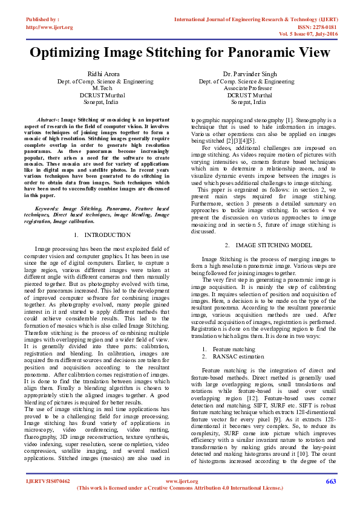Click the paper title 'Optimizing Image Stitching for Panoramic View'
tap(180, 53)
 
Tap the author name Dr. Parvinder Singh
tap(246, 74)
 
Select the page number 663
tap(330, 481)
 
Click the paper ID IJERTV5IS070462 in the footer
tap(48, 482)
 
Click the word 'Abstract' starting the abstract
tap(48, 120)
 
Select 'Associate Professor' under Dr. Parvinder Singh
tap(246, 88)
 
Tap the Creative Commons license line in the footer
tap(180, 488)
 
